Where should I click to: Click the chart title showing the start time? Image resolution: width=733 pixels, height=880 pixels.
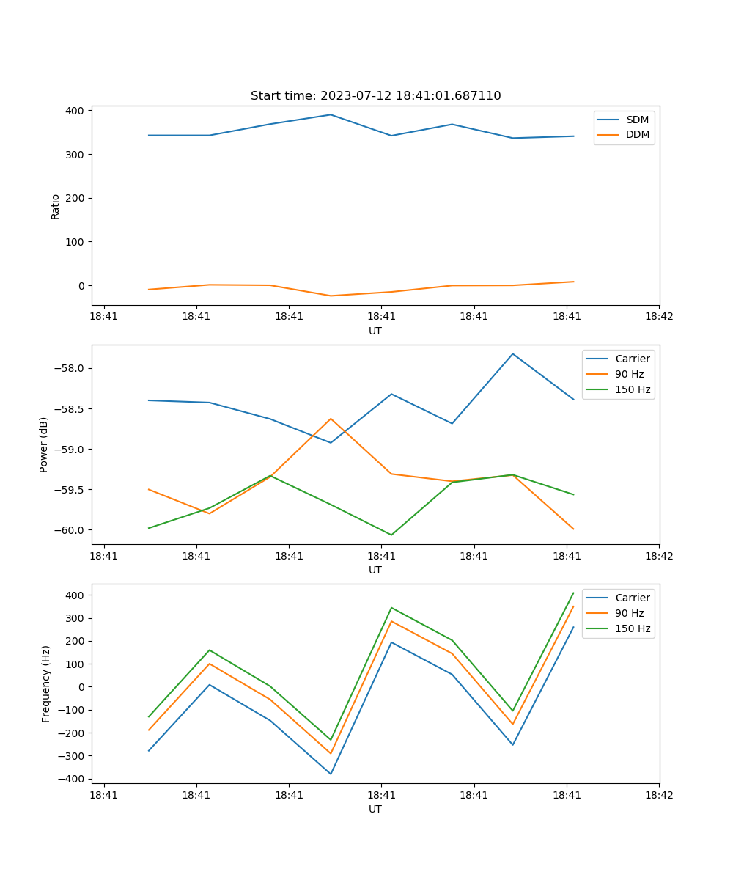[x=375, y=96]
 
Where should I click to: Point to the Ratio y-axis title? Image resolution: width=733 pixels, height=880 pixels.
[x=56, y=206]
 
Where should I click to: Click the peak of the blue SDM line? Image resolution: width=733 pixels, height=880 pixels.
[x=331, y=114]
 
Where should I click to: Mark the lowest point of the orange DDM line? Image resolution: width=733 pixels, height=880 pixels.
[x=331, y=296]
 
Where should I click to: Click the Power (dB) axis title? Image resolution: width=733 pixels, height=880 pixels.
[x=44, y=444]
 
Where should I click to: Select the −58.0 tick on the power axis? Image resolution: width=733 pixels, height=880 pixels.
[x=68, y=368]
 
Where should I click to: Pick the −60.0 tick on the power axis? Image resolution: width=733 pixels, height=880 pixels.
[x=68, y=530]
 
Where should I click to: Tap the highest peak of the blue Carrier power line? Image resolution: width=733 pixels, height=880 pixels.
[x=512, y=354]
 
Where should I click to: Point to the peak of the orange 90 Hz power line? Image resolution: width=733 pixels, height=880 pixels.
[x=331, y=419]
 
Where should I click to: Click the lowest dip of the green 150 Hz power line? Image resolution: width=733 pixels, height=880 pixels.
[x=391, y=535]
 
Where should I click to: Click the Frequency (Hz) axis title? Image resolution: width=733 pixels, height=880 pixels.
[x=46, y=683]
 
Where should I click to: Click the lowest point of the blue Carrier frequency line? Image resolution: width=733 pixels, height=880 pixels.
[x=331, y=774]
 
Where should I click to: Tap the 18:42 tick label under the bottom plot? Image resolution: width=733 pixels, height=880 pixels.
[x=658, y=794]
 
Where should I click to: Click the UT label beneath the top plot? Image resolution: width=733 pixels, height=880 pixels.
[x=375, y=331]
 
